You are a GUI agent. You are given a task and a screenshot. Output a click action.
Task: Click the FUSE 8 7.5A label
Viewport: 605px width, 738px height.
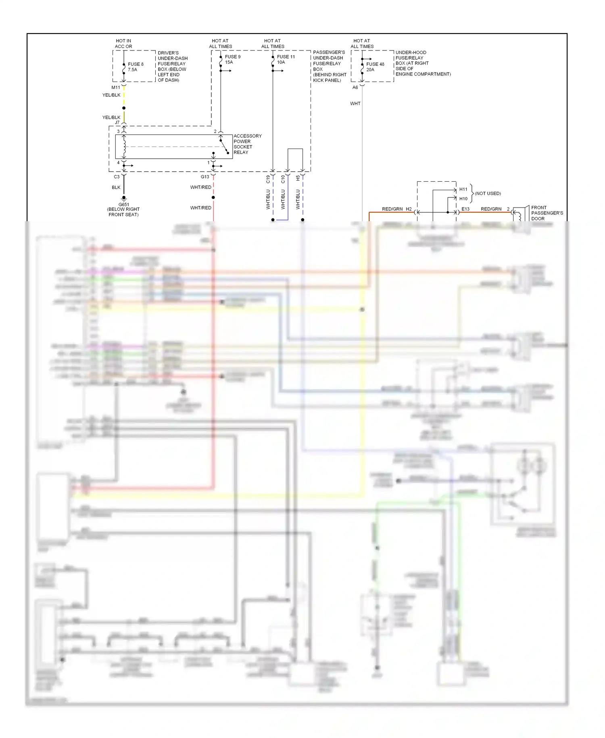(136, 67)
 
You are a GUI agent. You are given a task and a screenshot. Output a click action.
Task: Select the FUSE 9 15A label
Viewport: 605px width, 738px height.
(232, 59)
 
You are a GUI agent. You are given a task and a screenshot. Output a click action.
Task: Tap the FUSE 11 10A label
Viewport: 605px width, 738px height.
(286, 59)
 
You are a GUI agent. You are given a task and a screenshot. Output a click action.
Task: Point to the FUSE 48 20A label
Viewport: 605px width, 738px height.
(375, 67)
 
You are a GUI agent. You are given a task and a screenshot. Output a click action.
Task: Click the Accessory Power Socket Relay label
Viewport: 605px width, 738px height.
(247, 144)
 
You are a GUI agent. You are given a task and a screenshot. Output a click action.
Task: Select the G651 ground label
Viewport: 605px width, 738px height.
(123, 209)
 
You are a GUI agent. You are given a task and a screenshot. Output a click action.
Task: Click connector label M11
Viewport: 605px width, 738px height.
(116, 87)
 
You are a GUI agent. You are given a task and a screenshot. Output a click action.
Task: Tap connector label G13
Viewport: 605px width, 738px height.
(205, 177)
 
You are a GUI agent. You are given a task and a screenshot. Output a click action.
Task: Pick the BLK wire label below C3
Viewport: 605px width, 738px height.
(116, 187)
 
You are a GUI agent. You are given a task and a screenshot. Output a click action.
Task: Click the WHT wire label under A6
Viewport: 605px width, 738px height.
(355, 104)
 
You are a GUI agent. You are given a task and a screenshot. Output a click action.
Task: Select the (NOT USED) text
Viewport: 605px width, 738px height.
(488, 193)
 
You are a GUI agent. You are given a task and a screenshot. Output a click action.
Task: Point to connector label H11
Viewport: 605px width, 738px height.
(463, 189)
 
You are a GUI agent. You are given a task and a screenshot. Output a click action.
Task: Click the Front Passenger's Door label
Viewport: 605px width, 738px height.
(547, 213)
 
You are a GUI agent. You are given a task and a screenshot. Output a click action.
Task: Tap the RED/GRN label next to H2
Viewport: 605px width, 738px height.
(392, 209)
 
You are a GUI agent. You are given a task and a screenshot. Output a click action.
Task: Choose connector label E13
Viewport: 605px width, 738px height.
(465, 209)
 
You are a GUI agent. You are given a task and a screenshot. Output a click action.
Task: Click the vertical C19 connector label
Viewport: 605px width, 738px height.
(268, 179)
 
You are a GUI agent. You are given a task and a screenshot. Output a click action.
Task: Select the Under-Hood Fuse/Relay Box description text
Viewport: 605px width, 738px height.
(423, 63)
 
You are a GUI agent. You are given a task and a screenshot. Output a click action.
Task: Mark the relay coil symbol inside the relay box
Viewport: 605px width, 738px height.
(124, 147)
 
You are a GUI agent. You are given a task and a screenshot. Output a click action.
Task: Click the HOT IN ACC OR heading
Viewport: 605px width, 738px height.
(123, 44)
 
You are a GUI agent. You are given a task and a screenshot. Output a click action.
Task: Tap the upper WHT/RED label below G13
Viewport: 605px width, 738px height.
(200, 187)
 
